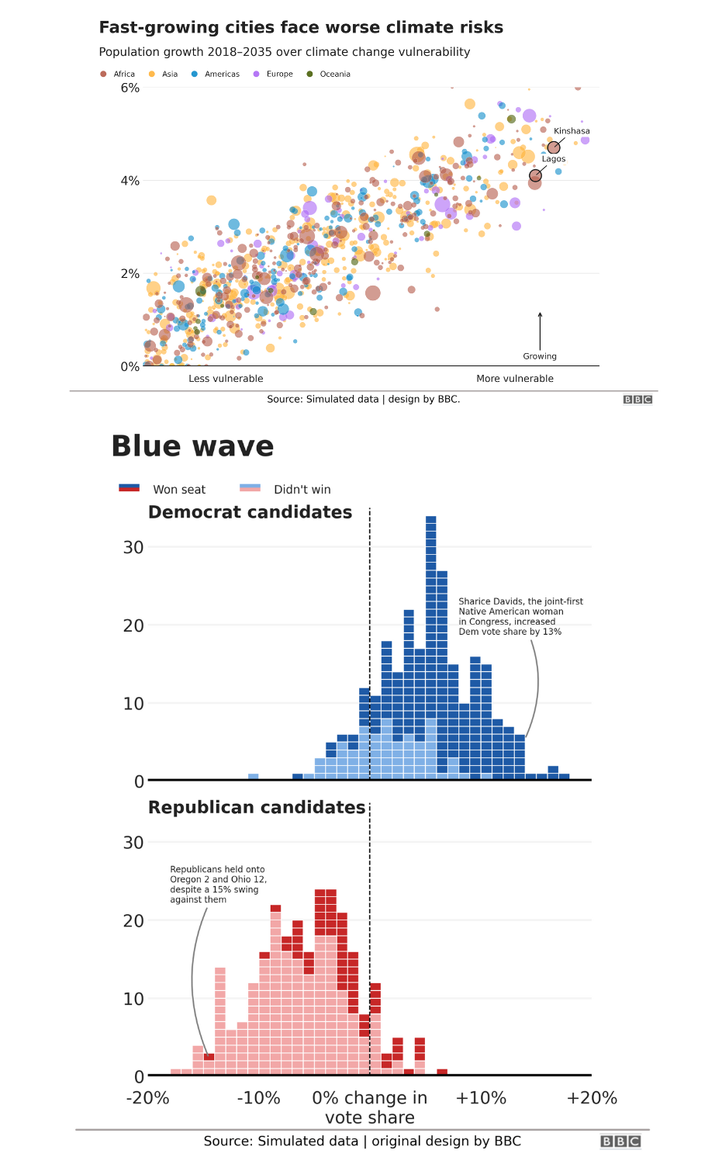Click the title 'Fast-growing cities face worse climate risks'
[x=301, y=28]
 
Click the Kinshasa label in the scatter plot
[x=572, y=131]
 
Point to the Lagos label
[x=554, y=159]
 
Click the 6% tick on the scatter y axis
[x=130, y=88]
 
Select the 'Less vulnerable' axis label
[x=226, y=379]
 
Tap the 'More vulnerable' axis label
[x=515, y=379]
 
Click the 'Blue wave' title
[x=192, y=447]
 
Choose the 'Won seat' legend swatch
[x=129, y=488]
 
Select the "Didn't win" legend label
[x=302, y=490]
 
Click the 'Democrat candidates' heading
[x=250, y=512]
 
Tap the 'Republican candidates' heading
[x=257, y=808]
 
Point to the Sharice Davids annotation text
[x=520, y=616]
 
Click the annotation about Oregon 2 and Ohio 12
[x=218, y=885]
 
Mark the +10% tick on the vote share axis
[x=481, y=1098]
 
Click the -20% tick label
[x=147, y=1098]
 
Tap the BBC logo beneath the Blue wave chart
[x=620, y=1141]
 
